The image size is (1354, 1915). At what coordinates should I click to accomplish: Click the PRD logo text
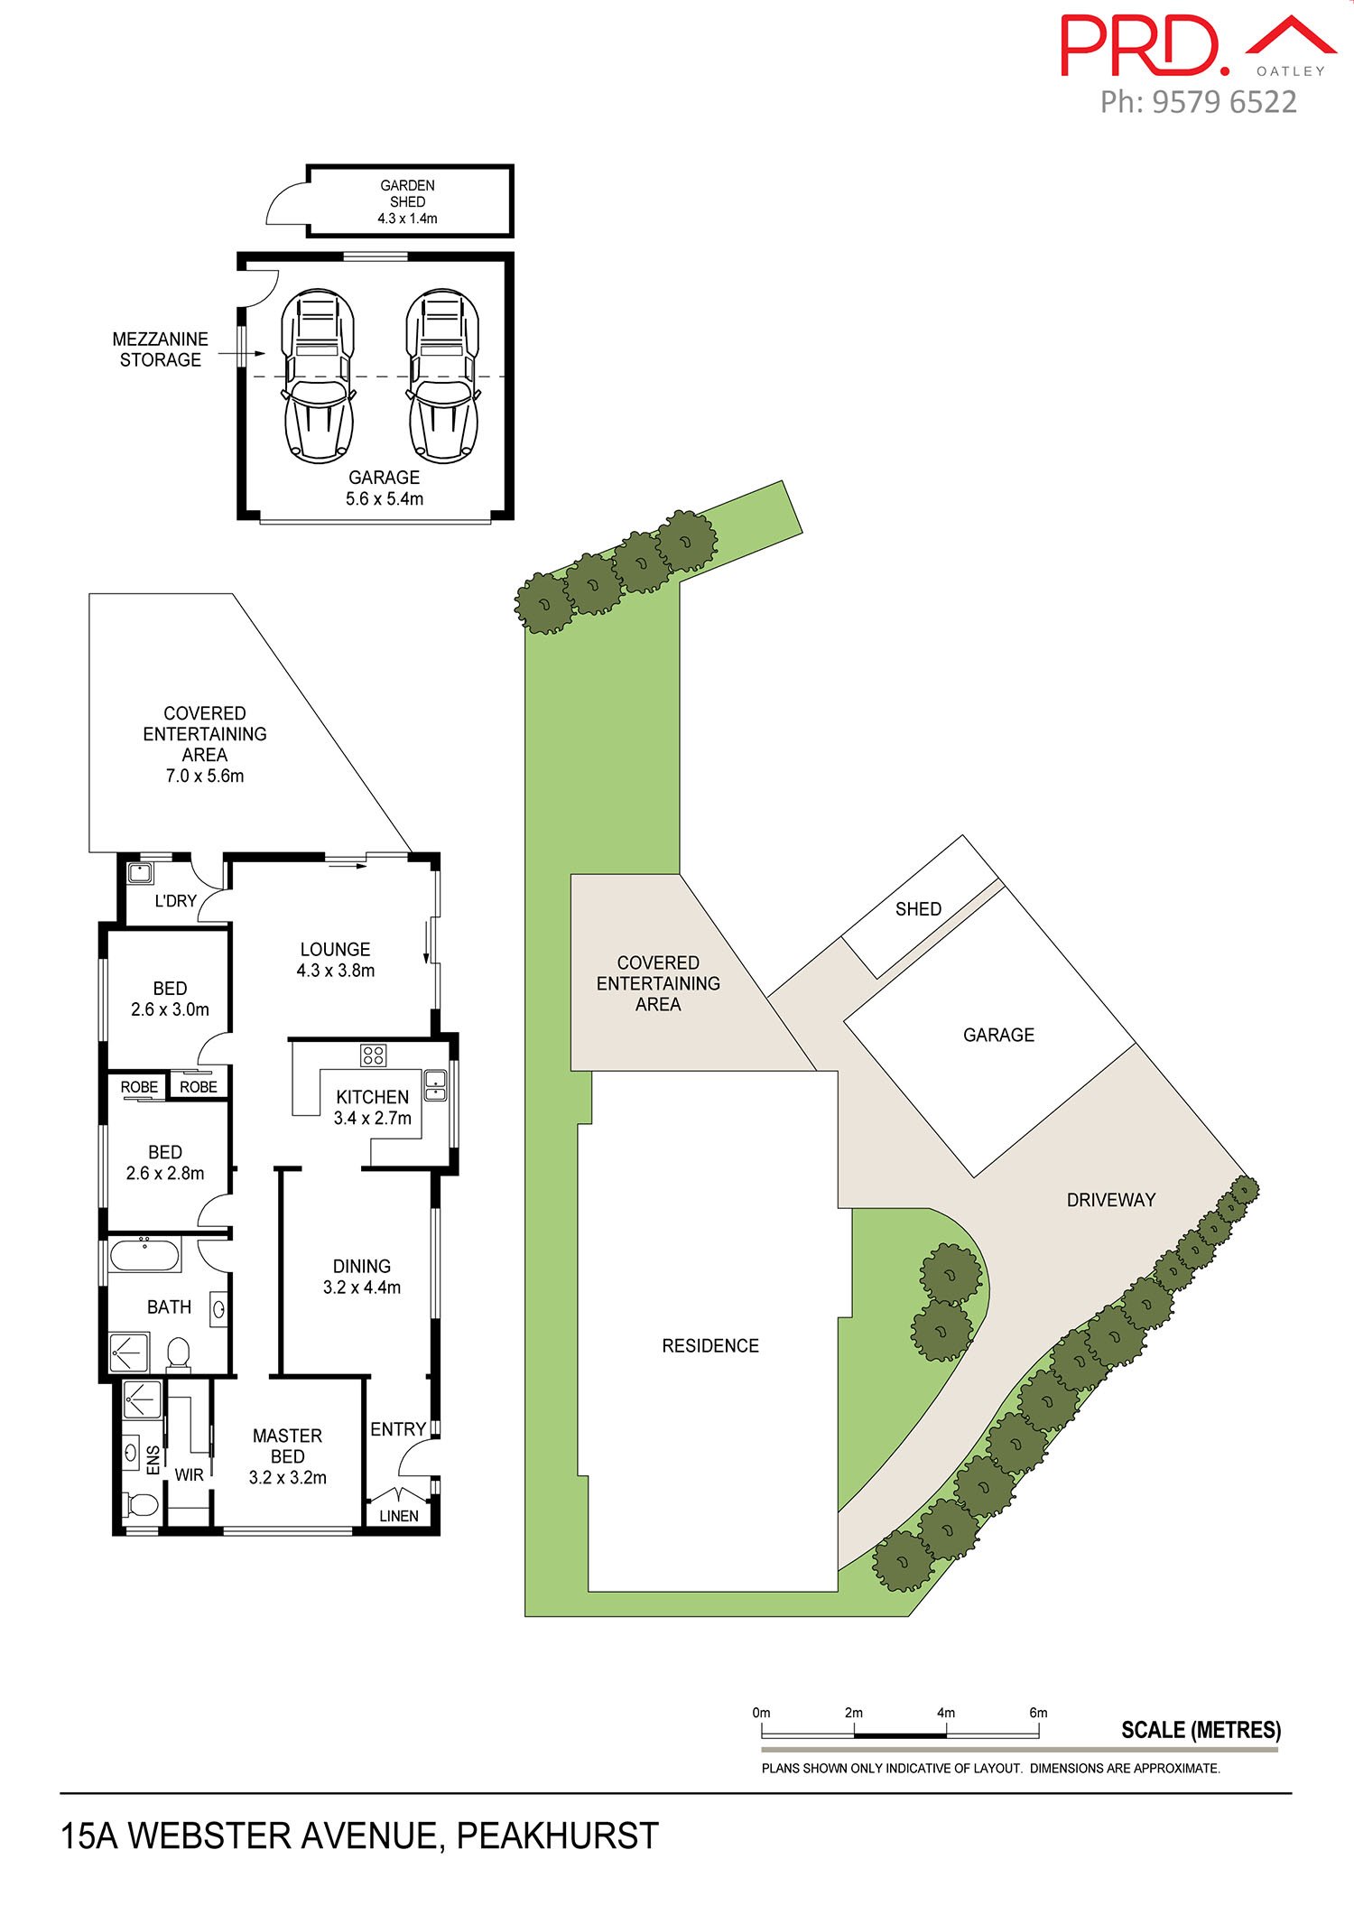click(x=1142, y=45)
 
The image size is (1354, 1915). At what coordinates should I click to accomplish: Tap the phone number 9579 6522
click(x=1224, y=102)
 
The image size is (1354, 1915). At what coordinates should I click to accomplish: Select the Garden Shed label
click(x=407, y=201)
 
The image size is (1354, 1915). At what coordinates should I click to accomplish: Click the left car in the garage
click(x=316, y=376)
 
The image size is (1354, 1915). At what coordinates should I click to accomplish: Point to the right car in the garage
click(x=442, y=376)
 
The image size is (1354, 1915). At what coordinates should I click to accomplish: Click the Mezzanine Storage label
click(x=161, y=349)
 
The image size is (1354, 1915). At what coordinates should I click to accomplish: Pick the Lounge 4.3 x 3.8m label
click(x=335, y=960)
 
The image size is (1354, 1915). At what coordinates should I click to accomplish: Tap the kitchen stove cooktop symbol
click(x=373, y=1055)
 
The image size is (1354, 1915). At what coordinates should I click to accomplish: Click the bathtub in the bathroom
click(x=144, y=1255)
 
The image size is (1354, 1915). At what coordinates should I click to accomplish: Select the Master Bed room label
click(x=287, y=1456)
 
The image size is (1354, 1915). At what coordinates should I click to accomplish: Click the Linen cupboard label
click(x=398, y=1516)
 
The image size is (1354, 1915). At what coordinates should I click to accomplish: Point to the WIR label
click(x=189, y=1475)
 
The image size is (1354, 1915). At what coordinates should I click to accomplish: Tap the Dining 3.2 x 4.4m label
click(x=361, y=1277)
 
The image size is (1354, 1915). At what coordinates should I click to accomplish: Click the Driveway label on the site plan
click(x=1110, y=1200)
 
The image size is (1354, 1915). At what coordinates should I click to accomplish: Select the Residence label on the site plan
click(x=710, y=1346)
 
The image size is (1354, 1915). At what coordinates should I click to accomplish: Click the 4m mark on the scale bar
click(x=946, y=1713)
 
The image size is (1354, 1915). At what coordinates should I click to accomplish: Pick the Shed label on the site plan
click(x=918, y=909)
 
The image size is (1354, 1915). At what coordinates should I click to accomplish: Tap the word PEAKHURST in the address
click(x=557, y=1836)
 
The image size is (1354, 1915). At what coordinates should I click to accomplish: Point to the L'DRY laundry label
click(x=175, y=900)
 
